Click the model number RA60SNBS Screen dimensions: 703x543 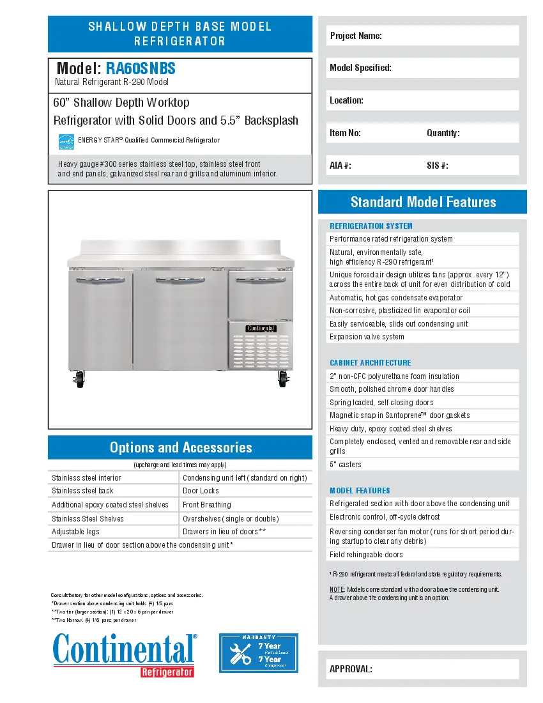click(x=141, y=69)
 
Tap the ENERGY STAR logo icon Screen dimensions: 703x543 click(x=66, y=141)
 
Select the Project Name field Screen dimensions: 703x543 click(x=422, y=36)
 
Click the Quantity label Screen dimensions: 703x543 click(x=443, y=133)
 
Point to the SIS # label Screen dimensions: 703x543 click(x=437, y=166)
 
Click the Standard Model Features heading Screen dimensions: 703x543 click(x=422, y=202)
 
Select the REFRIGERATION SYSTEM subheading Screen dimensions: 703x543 click(x=371, y=226)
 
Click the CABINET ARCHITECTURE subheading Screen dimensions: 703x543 click(x=370, y=363)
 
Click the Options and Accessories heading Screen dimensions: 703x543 click(x=180, y=447)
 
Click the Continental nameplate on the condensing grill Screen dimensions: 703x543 click(x=260, y=328)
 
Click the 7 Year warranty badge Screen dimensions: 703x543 click(x=259, y=653)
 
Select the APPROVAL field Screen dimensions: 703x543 click(x=422, y=669)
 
